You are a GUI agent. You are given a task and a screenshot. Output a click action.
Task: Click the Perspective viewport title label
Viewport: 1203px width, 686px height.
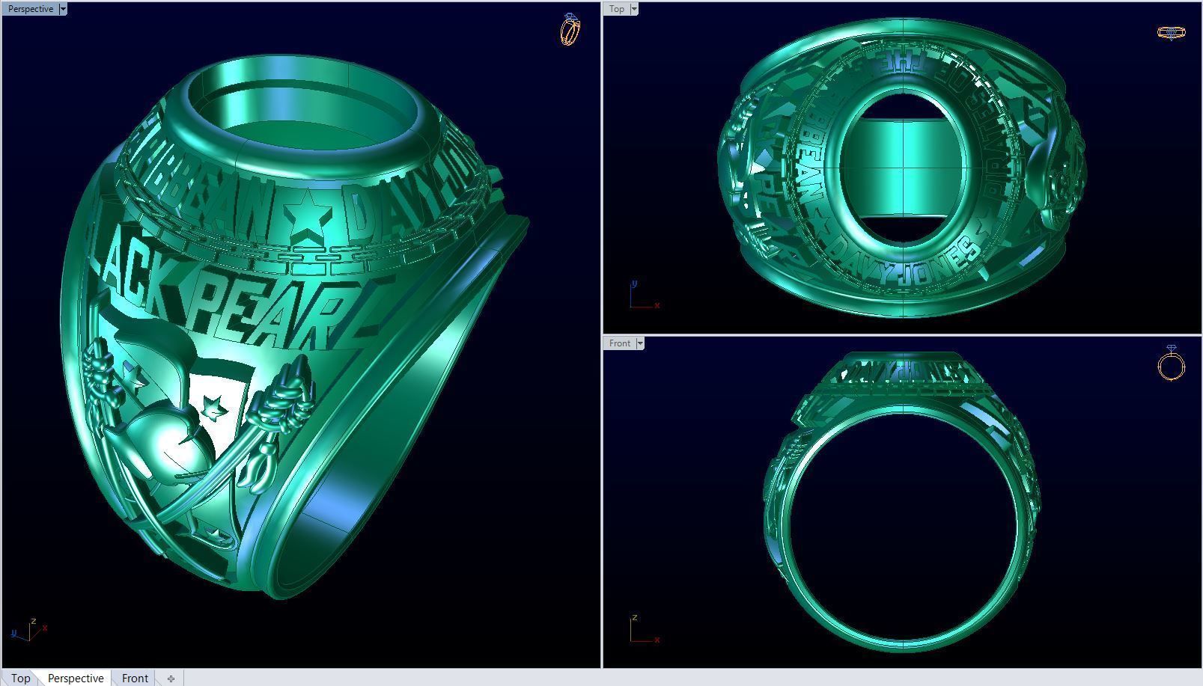point(30,9)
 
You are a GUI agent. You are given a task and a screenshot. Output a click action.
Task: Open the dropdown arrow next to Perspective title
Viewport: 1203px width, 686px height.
point(63,9)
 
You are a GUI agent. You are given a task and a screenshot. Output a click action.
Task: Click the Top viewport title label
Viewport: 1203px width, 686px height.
point(616,9)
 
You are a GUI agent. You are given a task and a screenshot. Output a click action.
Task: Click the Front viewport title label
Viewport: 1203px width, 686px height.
point(619,343)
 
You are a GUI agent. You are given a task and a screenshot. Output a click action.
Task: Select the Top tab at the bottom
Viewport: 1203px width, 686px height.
point(20,678)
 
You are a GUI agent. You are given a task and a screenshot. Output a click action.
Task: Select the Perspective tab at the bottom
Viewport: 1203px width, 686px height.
point(76,678)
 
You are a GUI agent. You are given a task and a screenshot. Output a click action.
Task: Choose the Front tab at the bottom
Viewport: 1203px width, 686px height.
point(135,678)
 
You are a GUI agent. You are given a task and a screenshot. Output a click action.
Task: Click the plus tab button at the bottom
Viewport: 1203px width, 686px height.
point(171,679)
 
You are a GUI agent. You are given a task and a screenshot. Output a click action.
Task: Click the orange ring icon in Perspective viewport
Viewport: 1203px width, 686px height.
point(570,29)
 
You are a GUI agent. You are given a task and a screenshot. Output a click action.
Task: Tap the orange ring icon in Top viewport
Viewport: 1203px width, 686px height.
point(1171,32)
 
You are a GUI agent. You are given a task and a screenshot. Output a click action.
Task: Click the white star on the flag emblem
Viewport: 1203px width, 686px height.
point(214,408)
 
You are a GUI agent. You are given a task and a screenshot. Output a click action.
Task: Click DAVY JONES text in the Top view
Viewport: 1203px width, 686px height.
point(906,263)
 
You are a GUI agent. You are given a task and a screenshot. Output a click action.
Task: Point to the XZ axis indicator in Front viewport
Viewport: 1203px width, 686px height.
point(642,631)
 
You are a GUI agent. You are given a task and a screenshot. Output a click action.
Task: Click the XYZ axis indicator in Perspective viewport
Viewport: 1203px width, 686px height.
point(28,631)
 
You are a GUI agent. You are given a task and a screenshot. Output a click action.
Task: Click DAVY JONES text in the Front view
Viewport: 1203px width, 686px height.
point(898,370)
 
